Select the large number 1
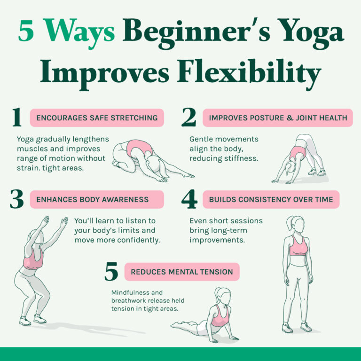16,118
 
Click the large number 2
188,118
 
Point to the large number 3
16,200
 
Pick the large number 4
189,200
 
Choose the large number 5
111,272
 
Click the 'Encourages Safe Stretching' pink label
97,118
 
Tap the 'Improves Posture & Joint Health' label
277,118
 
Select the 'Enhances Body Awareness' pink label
97,200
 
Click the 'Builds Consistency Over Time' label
271,200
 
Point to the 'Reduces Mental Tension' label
181,272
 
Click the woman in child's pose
146,159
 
